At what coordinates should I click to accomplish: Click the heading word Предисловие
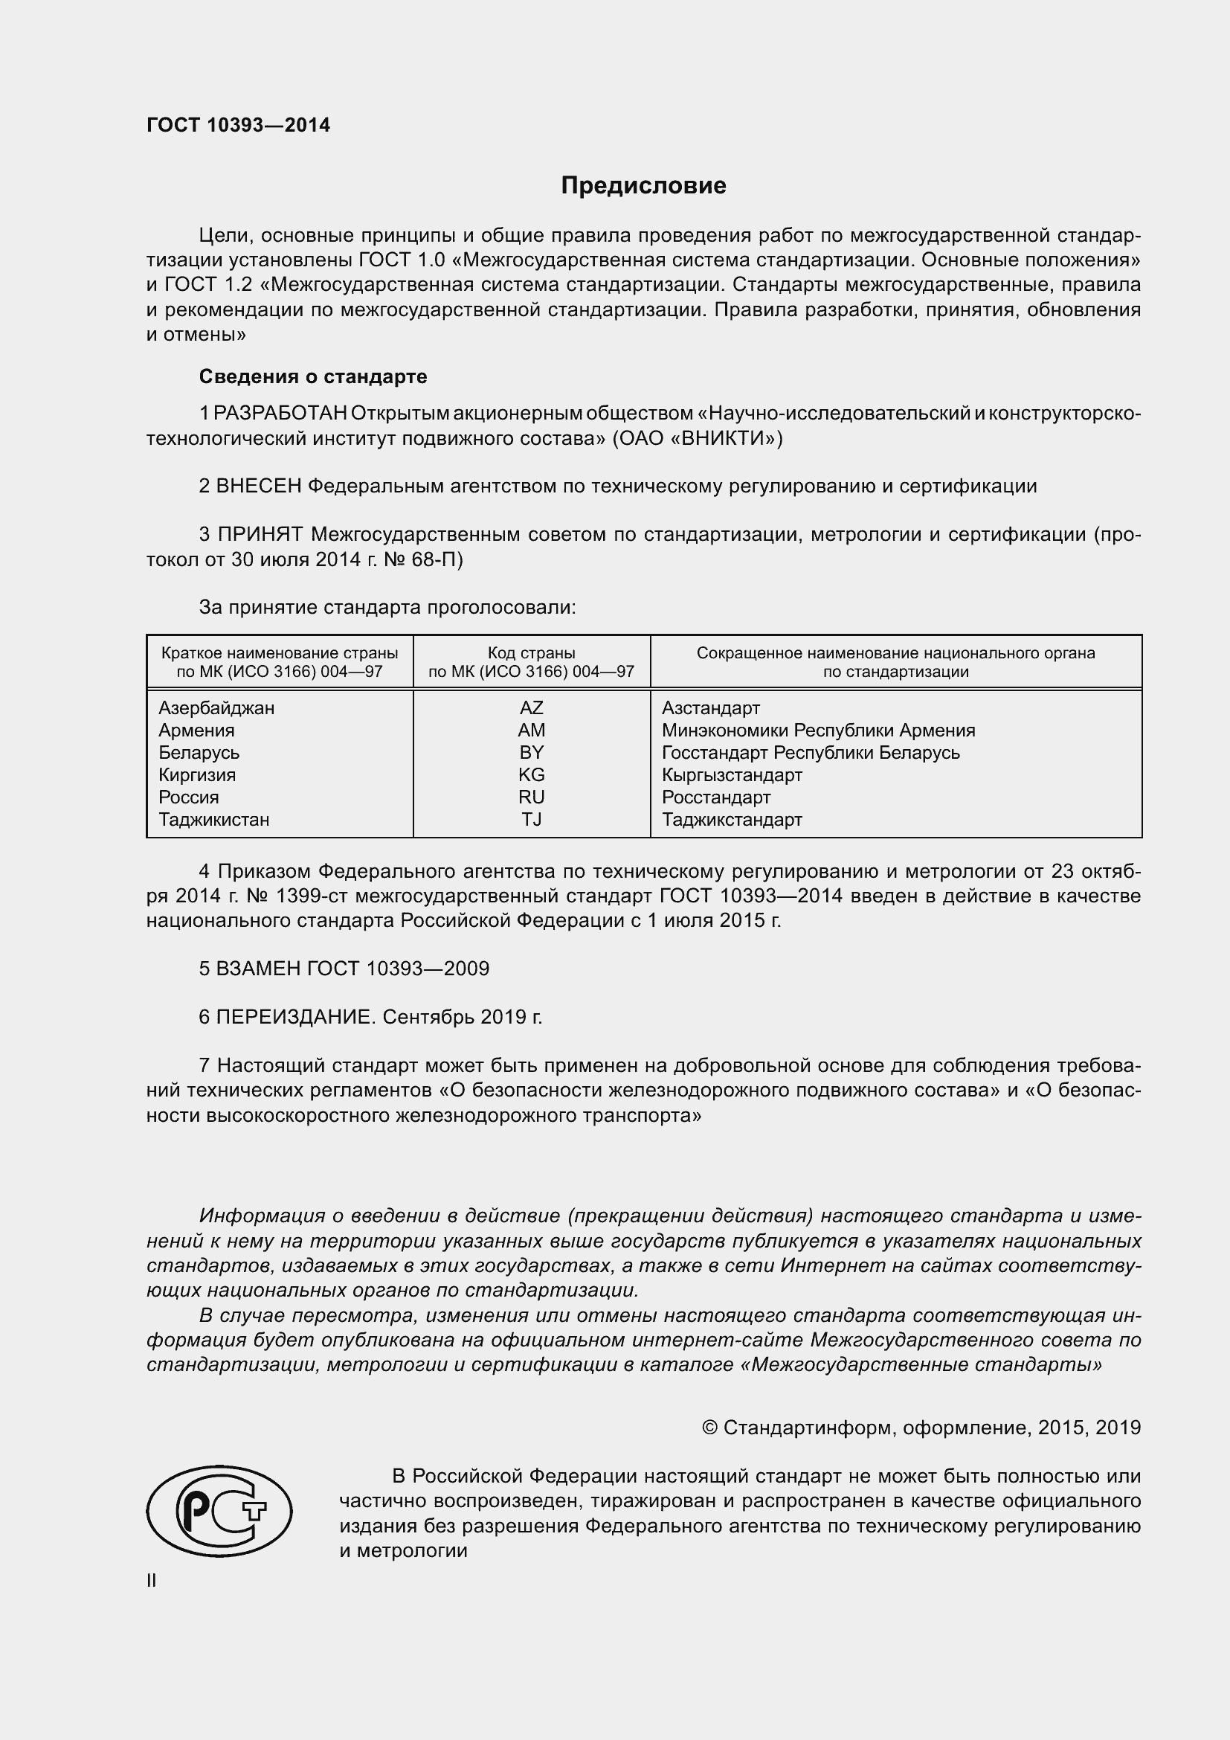(643, 186)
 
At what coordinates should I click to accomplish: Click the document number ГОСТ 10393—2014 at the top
(238, 126)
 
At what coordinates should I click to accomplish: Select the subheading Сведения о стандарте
(313, 376)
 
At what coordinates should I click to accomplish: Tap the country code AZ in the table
(531, 707)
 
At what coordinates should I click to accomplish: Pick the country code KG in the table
(531, 774)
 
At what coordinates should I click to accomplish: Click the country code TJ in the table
(531, 819)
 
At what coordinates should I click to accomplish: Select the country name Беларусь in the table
(199, 753)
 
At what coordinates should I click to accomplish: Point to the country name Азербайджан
(216, 707)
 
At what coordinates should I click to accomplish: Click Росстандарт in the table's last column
(715, 797)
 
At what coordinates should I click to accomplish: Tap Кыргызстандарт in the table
(732, 774)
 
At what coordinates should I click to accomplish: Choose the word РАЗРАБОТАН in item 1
(280, 413)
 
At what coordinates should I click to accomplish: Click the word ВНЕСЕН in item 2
(259, 486)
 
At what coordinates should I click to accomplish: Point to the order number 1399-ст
(312, 896)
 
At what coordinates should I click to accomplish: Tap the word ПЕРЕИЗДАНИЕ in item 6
(295, 1017)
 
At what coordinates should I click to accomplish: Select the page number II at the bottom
(152, 1580)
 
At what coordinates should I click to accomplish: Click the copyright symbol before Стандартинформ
(709, 1428)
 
